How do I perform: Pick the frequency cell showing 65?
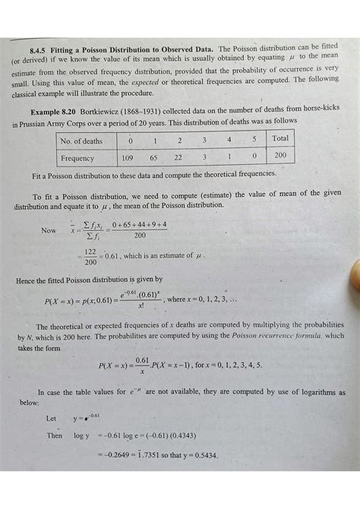pyautogui.click(x=154, y=158)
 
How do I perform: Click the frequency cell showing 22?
pyautogui.click(x=179, y=158)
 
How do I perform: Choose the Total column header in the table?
pyautogui.click(x=279, y=139)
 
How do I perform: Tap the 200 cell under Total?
pyautogui.click(x=279, y=156)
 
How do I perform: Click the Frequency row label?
pyautogui.click(x=80, y=158)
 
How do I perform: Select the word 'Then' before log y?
pyautogui.click(x=54, y=437)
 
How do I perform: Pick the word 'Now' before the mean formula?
pyautogui.click(x=49, y=230)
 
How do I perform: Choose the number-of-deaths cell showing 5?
pyautogui.click(x=254, y=140)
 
